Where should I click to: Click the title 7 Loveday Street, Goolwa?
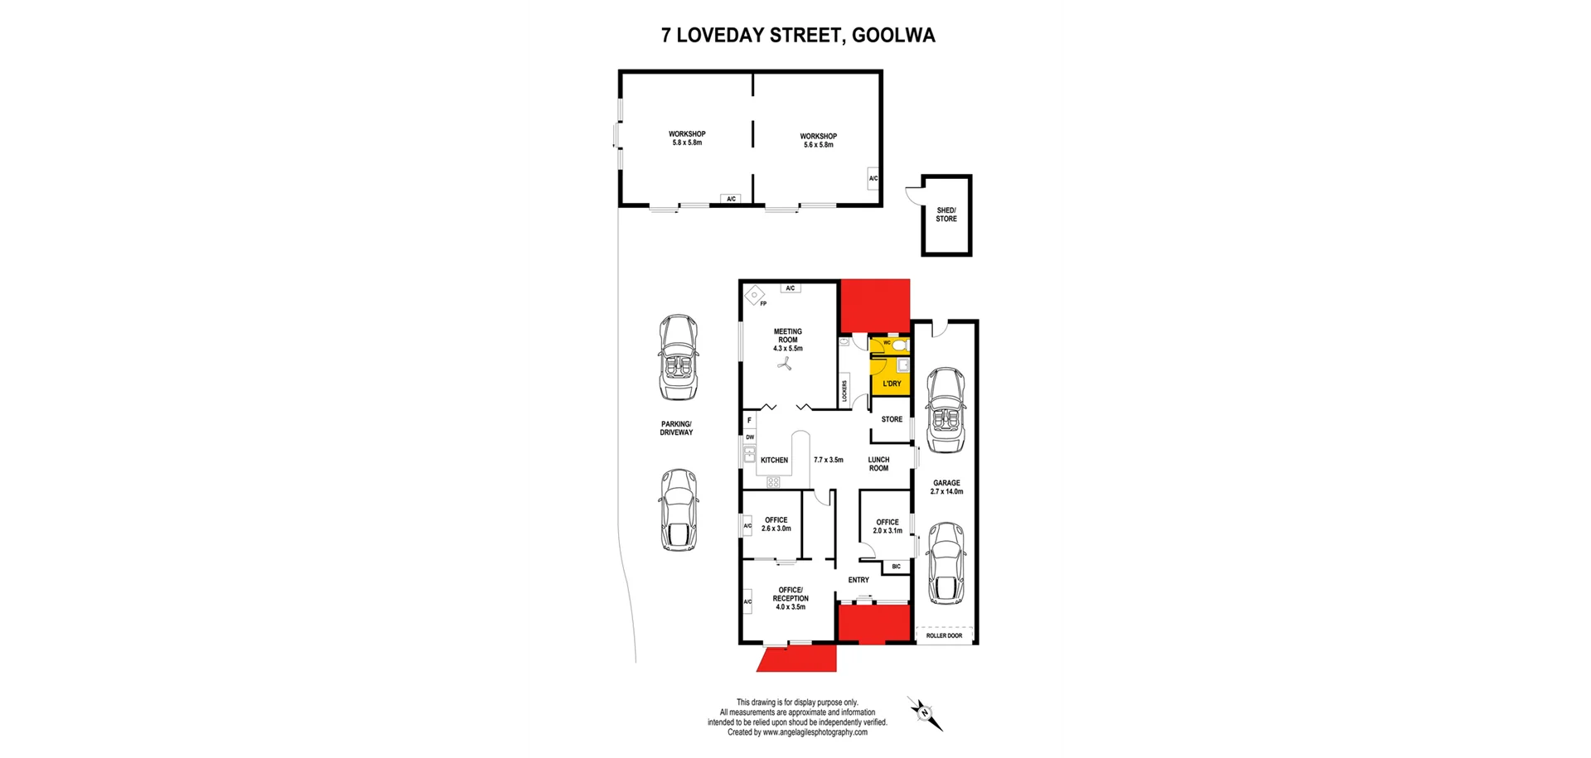pos(797,36)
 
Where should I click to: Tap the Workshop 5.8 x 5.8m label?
pos(687,138)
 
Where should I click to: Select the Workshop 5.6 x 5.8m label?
pos(818,140)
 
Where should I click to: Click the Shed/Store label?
pos(946,215)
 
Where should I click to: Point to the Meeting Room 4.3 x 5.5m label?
pos(788,340)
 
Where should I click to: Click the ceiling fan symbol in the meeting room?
pos(785,363)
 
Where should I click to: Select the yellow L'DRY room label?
pos(892,384)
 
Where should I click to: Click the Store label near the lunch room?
pos(892,419)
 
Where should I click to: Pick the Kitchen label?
pos(774,460)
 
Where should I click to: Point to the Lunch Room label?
pos(878,464)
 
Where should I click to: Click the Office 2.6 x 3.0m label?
pos(776,524)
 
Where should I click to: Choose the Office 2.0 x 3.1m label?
pos(887,526)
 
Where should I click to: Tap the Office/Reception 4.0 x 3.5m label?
pos(790,598)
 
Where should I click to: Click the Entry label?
pos(858,580)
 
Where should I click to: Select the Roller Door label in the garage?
pos(944,635)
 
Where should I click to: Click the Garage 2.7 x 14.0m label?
pos(946,487)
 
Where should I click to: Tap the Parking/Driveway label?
pos(676,428)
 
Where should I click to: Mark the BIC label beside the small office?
pos(896,567)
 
